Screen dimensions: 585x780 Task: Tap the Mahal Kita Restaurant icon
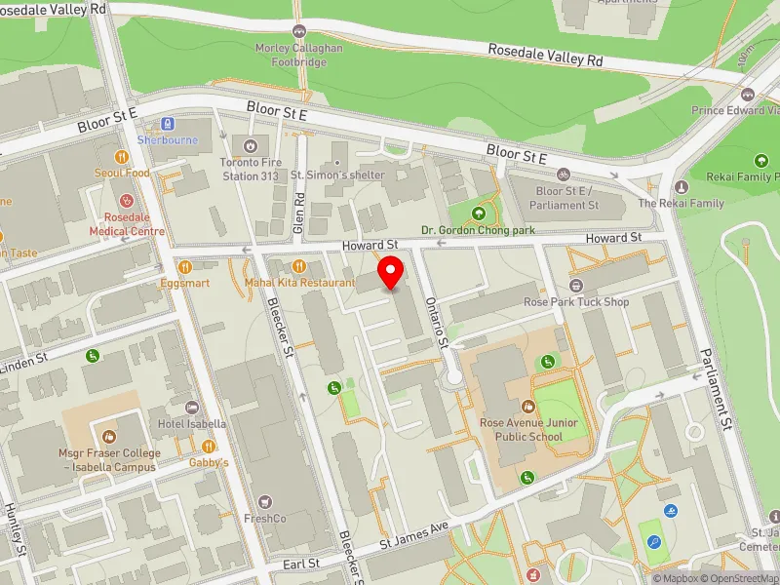[299, 266]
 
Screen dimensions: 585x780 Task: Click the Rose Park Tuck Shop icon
[575, 286]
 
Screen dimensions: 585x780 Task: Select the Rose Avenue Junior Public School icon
[527, 407]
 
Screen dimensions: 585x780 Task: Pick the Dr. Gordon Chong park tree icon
[478, 214]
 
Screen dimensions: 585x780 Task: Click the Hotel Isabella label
[192, 424]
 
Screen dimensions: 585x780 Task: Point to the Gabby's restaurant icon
[208, 446]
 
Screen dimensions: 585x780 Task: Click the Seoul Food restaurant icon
[122, 156]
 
